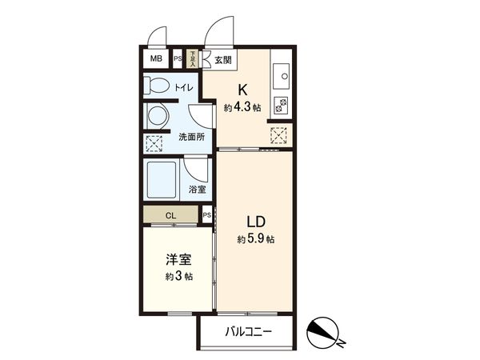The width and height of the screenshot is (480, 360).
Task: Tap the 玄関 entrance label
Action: point(222,60)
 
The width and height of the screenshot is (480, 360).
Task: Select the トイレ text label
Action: point(182,87)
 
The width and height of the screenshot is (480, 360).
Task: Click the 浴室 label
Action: point(197,190)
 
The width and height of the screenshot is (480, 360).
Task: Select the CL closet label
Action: point(170,214)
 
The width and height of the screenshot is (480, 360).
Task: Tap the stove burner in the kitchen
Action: point(282,102)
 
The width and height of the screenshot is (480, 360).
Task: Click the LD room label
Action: point(255,221)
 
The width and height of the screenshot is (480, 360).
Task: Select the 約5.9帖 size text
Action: point(256,239)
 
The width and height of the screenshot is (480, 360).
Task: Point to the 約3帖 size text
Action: point(178,277)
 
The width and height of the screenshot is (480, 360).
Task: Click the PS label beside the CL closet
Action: point(206,215)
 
